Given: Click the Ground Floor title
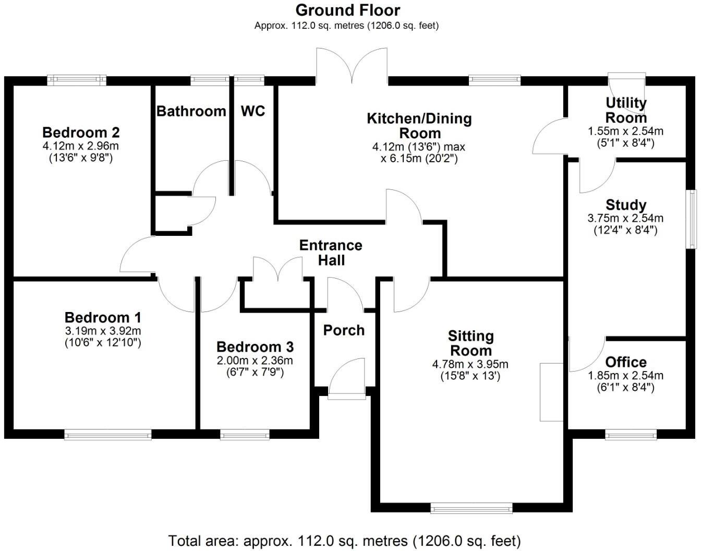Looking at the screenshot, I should [x=348, y=10].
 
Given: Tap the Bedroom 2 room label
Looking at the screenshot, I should [x=81, y=132].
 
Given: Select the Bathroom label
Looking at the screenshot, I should [x=191, y=111].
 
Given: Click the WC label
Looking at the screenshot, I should [x=253, y=111].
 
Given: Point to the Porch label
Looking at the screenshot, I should [x=344, y=330].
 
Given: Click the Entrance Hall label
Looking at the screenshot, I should [x=331, y=253].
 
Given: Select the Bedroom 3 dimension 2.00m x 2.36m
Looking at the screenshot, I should [x=255, y=361].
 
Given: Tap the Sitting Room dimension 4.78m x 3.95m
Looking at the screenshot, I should [x=470, y=364].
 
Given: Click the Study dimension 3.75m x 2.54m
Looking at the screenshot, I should [x=625, y=218].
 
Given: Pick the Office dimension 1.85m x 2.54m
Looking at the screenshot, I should [x=625, y=375].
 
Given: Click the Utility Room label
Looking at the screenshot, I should [x=626, y=110].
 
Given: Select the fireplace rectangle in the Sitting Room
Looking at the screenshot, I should [x=551, y=391].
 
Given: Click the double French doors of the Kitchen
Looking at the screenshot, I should [x=352, y=65].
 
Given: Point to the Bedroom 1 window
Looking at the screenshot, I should [x=108, y=434].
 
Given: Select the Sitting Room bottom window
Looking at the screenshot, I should [x=472, y=508].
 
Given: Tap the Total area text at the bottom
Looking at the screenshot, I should [x=344, y=541].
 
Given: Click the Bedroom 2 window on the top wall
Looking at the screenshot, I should [x=77, y=80].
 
